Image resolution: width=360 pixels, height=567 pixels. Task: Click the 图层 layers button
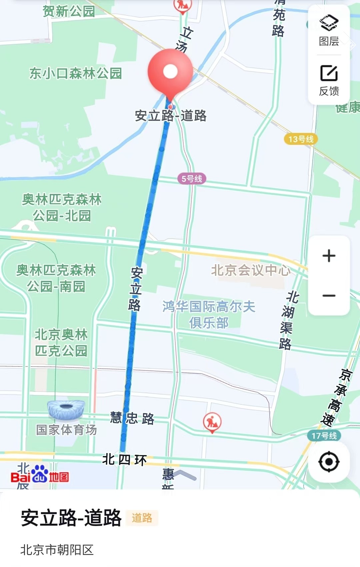tap(329, 30)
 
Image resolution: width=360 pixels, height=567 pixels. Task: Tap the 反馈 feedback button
tap(329, 80)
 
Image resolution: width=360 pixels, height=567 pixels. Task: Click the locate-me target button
tap(329, 462)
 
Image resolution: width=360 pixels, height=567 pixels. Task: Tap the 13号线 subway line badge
tap(301, 139)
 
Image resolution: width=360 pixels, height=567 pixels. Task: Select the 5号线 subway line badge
tap(192, 179)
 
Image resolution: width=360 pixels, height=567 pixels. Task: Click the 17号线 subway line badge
tap(324, 435)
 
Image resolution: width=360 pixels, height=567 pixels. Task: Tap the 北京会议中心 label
tap(251, 270)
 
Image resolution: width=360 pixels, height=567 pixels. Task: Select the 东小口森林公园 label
tap(76, 73)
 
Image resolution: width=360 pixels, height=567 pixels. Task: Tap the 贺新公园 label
tap(69, 11)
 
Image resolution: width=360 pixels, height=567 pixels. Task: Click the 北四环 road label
tap(124, 460)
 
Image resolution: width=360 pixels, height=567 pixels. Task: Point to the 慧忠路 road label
tap(132, 418)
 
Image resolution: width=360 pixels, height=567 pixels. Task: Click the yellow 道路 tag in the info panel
tap(142, 518)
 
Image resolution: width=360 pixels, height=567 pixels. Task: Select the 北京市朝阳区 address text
tap(57, 550)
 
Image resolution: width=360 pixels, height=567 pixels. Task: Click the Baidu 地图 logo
tap(40, 477)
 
